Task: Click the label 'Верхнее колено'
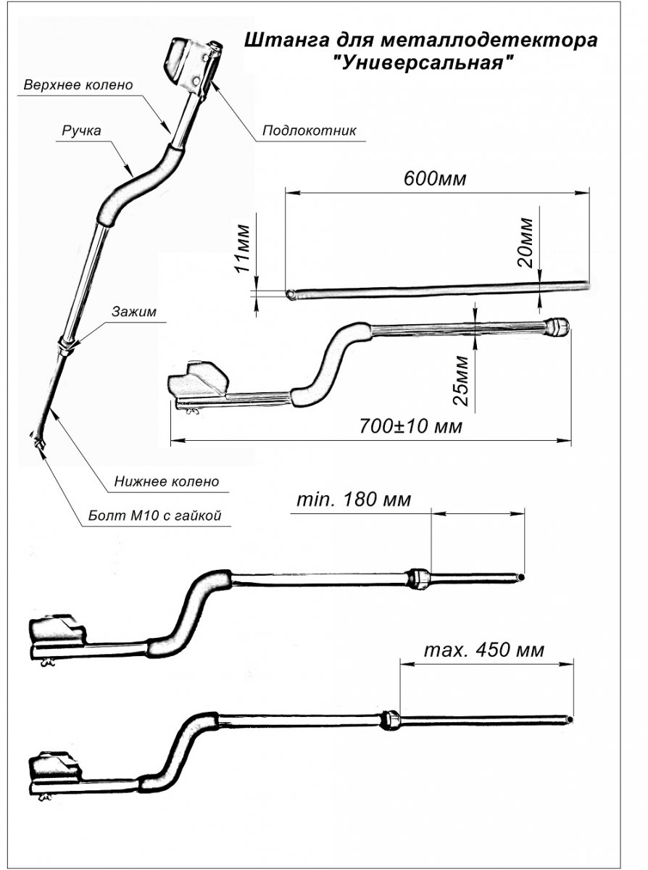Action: (79, 85)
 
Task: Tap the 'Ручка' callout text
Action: (81, 130)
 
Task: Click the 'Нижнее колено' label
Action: (167, 481)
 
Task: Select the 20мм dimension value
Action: (526, 241)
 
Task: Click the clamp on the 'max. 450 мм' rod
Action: (390, 720)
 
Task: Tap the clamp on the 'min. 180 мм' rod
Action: (420, 578)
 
